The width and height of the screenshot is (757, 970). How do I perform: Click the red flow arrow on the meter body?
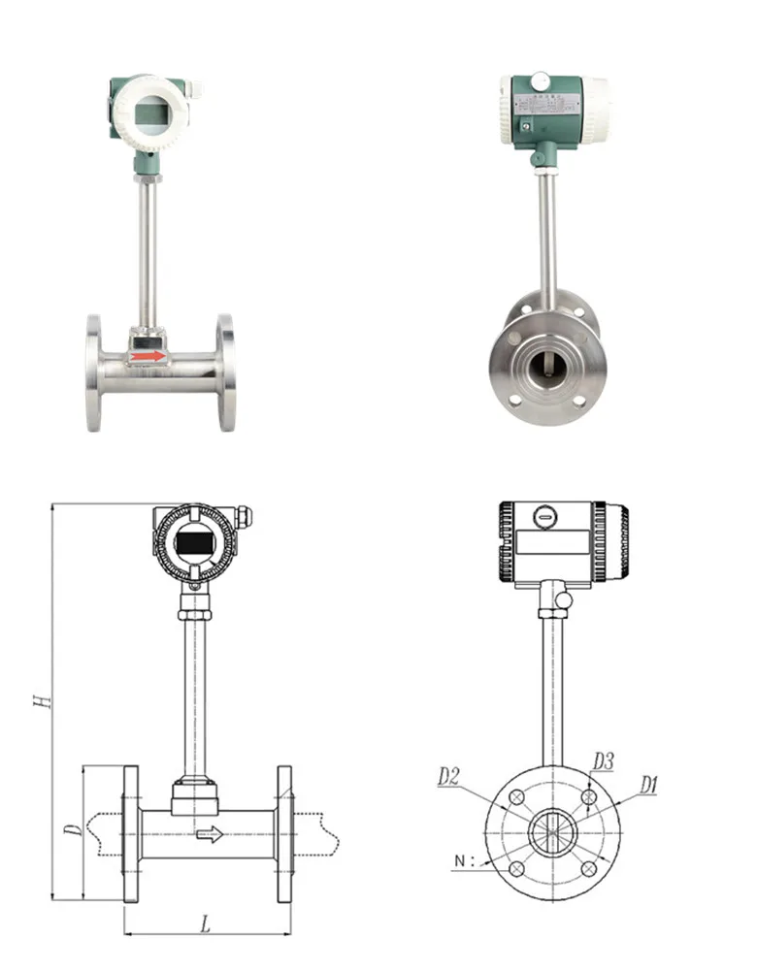[148, 357]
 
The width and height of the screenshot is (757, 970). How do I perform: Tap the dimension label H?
[40, 699]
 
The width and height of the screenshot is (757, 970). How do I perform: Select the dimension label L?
[206, 924]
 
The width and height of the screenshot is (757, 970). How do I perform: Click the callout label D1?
[648, 784]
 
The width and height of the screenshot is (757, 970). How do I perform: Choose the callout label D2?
[448, 776]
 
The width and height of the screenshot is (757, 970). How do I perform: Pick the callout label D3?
[603, 761]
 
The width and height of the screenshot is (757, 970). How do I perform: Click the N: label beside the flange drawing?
[466, 860]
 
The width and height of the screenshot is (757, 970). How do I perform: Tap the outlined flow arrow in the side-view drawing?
[209, 834]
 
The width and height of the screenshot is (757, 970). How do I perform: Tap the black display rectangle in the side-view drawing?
[193, 545]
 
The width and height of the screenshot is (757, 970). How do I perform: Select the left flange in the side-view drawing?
[130, 833]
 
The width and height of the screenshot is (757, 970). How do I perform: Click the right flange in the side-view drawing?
[284, 833]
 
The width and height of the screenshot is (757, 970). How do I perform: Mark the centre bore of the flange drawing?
[552, 832]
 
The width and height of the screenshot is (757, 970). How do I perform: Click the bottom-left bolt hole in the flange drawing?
[517, 868]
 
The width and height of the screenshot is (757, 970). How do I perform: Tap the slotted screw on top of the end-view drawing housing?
[545, 518]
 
